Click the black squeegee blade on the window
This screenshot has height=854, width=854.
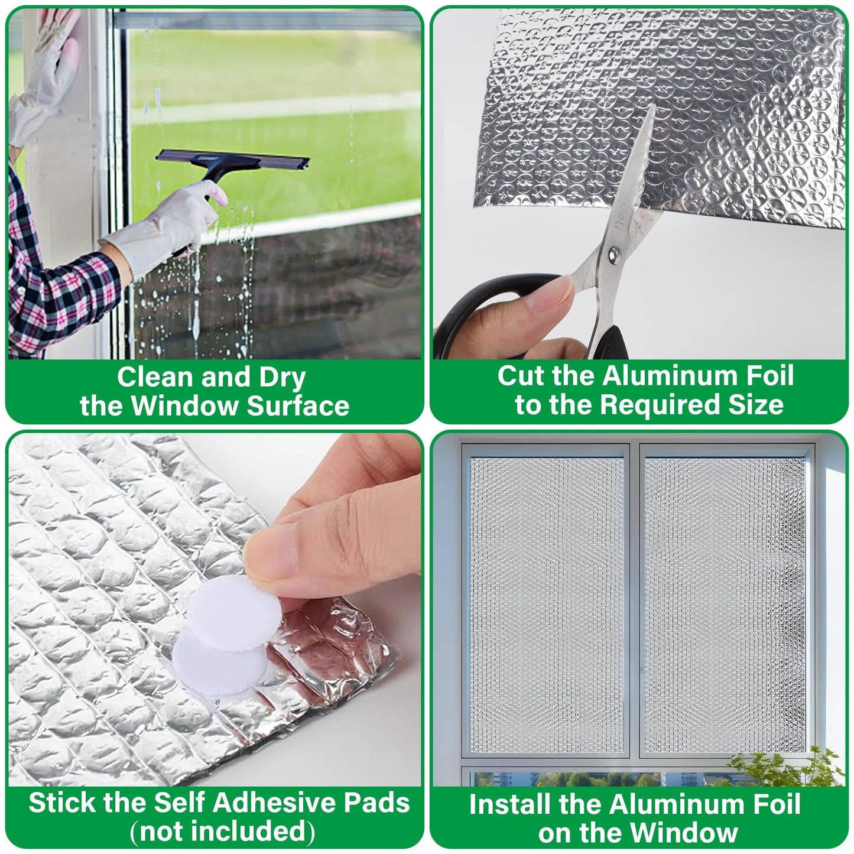(x=233, y=159)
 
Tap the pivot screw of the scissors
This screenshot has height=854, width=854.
(x=614, y=255)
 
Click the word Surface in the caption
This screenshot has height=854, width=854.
(x=298, y=406)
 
